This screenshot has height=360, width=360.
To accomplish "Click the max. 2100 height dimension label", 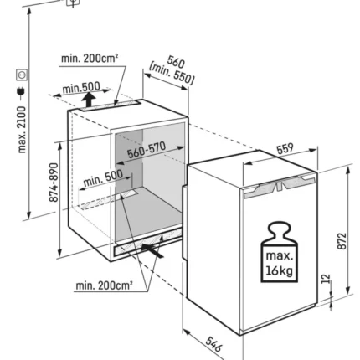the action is [22, 130].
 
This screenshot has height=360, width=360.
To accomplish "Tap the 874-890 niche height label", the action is [54, 183].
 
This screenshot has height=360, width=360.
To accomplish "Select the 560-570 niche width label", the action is [147, 150].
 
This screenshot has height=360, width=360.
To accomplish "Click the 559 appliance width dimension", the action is [285, 148].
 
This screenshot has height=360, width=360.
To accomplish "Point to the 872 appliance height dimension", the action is [342, 241].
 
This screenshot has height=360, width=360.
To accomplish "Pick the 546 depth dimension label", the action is [214, 344].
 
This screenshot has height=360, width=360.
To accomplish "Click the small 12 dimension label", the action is [326, 279].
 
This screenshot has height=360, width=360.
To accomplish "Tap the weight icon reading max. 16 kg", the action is [280, 252].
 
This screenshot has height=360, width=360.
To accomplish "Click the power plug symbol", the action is [21, 93].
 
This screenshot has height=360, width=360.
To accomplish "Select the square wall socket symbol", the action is [22, 75].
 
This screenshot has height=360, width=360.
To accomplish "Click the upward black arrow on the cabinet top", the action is [89, 100].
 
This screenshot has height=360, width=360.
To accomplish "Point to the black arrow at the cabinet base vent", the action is [152, 249].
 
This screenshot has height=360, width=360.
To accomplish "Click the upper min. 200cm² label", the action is [90, 59].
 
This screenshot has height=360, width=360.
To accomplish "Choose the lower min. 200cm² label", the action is [104, 285].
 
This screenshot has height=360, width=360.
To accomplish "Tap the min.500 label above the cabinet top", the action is [81, 88].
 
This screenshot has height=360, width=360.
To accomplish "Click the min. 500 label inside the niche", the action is [103, 178].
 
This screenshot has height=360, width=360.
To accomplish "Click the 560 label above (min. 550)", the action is [176, 62].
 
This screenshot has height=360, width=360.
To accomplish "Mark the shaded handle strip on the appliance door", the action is [280, 186].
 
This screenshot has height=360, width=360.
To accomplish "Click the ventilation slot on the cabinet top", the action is [111, 105].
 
